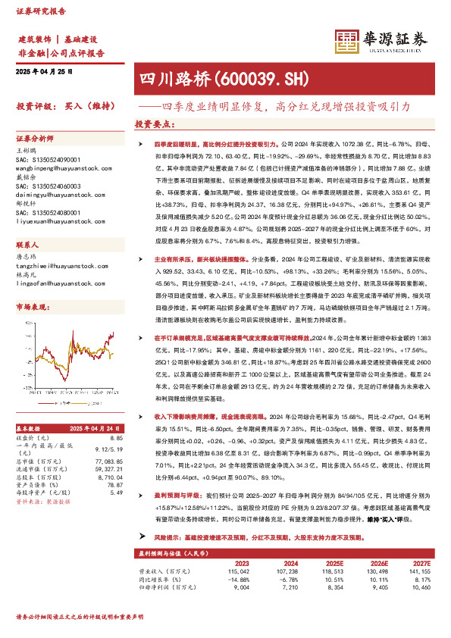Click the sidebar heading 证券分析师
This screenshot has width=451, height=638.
tap(35, 139)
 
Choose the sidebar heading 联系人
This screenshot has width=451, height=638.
tap(27, 246)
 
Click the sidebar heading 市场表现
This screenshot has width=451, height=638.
tap(31, 306)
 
